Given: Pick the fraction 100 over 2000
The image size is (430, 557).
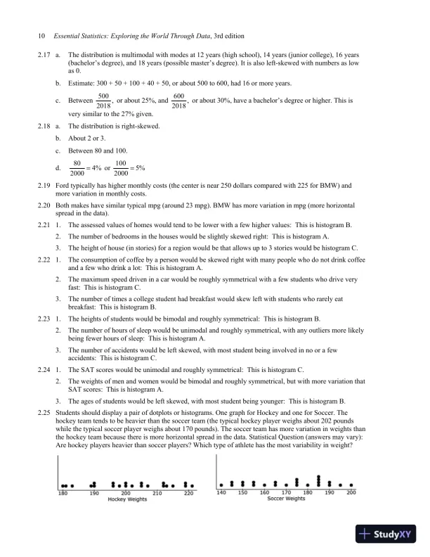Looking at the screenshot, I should pos(121,169).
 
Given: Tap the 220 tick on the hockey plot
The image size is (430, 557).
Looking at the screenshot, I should pos(188,493).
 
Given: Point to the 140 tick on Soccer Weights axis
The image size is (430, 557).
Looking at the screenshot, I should pos(221,493).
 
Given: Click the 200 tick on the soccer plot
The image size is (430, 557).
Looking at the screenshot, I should pos(351,493).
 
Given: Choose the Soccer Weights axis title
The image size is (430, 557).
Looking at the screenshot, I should pos(286,499).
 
